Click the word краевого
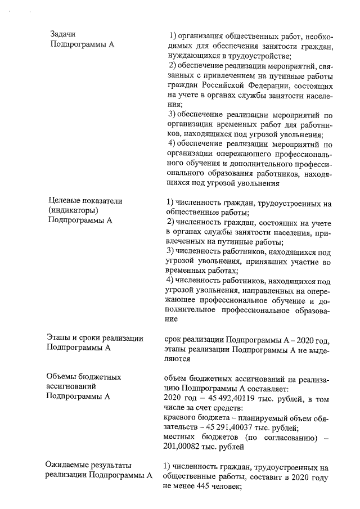click(179, 417)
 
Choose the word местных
click(179, 438)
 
